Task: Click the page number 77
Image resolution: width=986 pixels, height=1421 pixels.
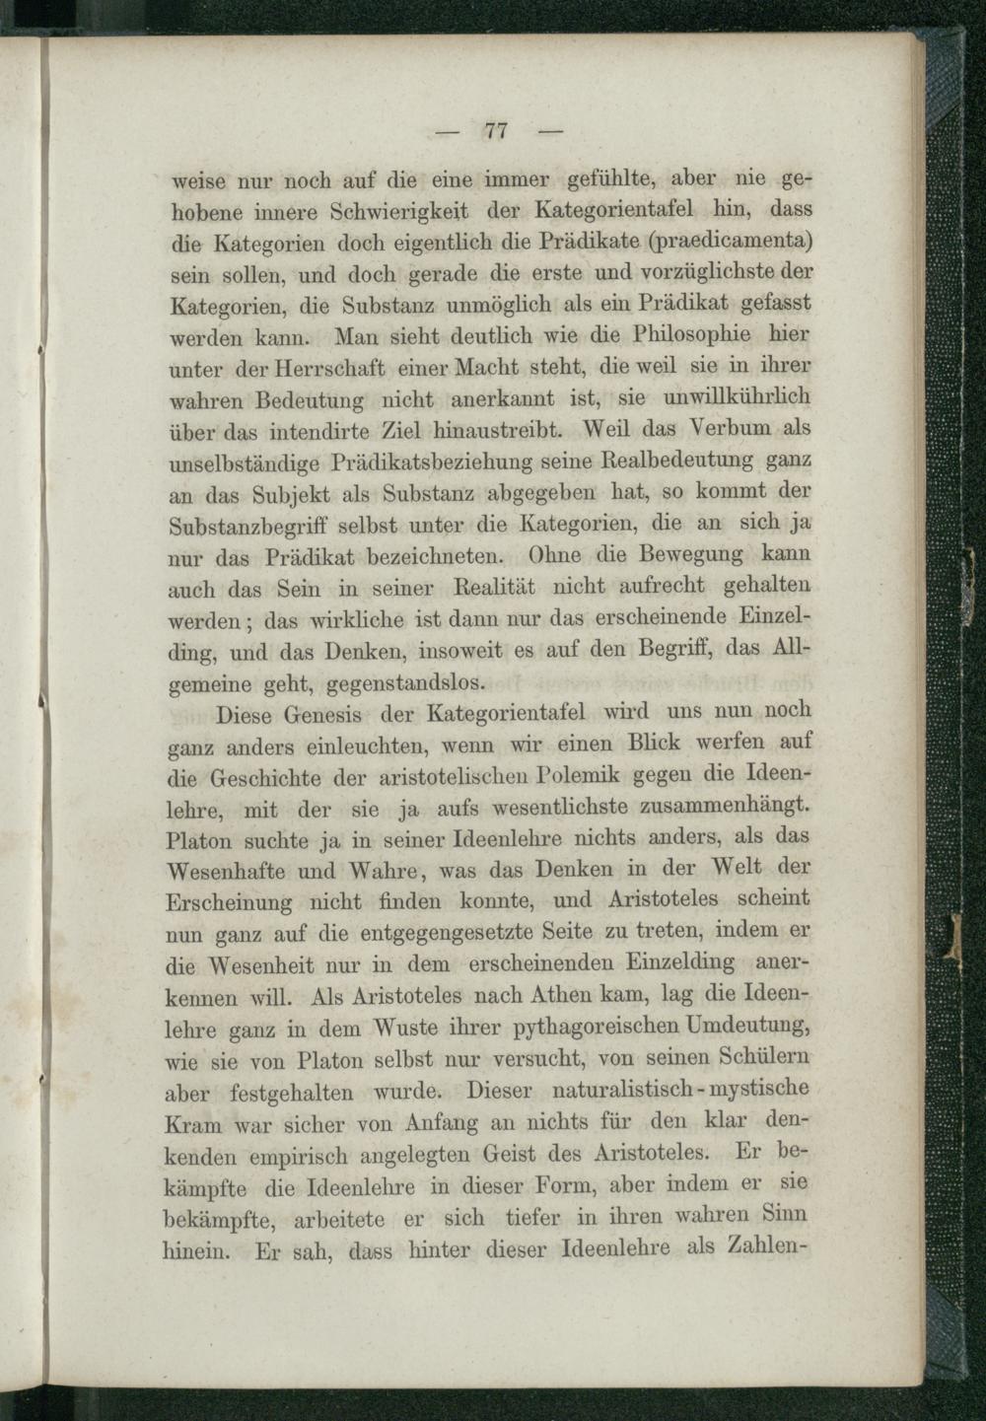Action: [495, 130]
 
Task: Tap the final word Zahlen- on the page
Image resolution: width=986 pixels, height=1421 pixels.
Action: [766, 1245]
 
